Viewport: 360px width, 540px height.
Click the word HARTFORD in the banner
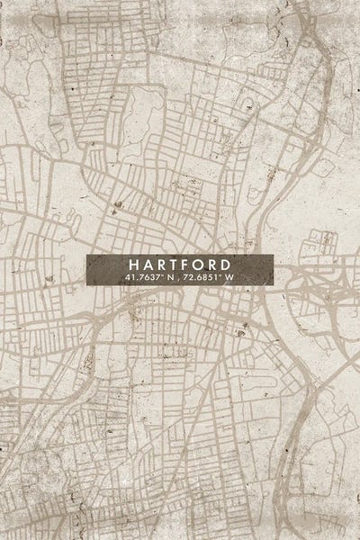179,265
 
